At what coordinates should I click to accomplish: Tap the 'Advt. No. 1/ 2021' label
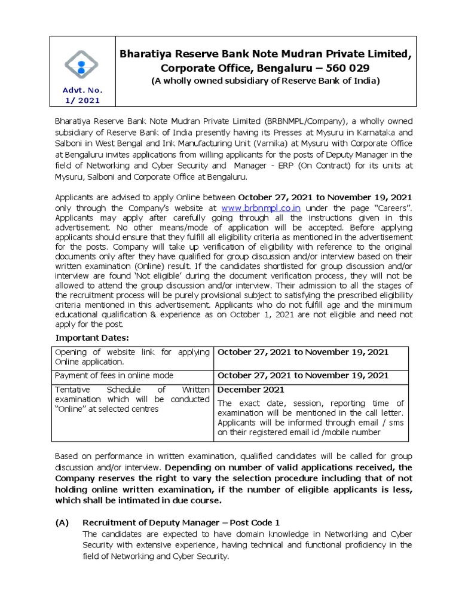click(82, 95)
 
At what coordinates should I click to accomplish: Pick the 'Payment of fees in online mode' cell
click(114, 375)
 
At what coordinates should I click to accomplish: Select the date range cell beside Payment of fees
click(303, 375)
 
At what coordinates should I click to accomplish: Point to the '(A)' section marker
click(62, 522)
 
